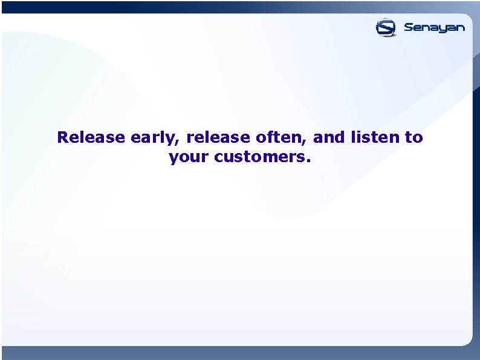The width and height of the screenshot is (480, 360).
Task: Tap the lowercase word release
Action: pyautogui.click(x=219, y=137)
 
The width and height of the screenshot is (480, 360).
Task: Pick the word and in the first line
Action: pyautogui.click(x=329, y=137)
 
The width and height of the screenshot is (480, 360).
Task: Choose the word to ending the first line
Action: pyautogui.click(x=414, y=138)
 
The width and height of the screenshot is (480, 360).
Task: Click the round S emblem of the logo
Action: pyautogui.click(x=386, y=27)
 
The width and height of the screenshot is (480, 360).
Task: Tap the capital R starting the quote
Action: pyautogui.click(x=62, y=137)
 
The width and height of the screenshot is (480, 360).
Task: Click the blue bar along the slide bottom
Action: pyautogui.click(x=240, y=353)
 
